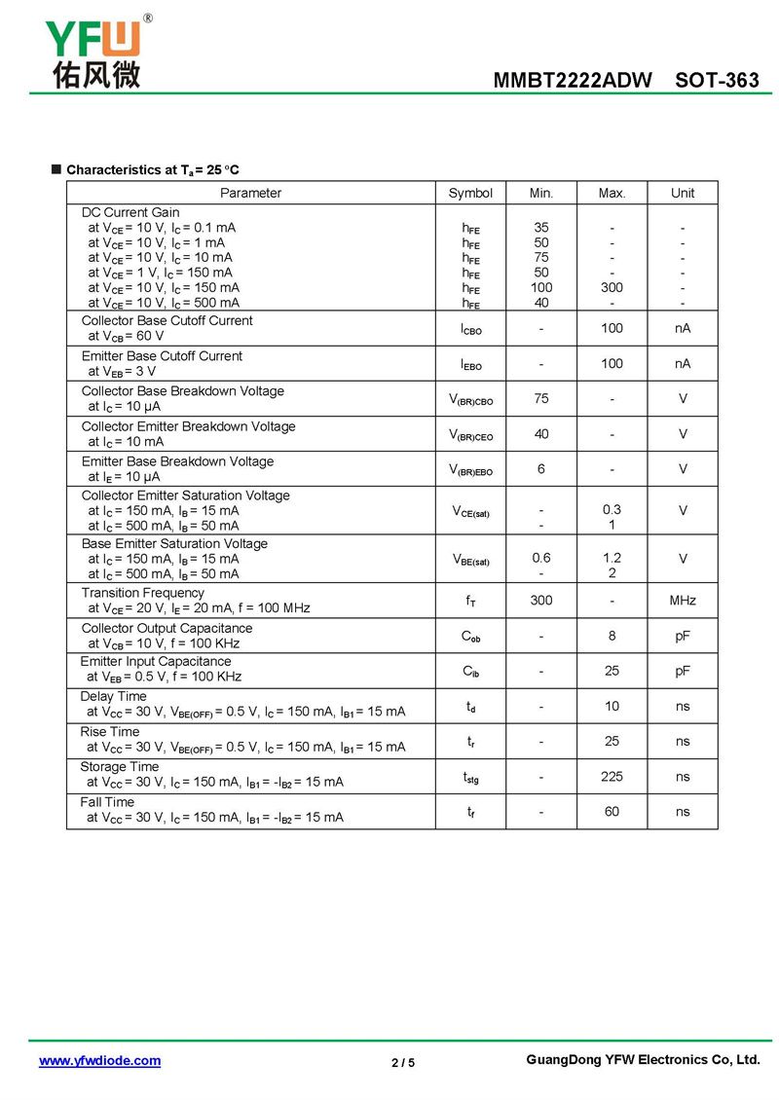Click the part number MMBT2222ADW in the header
573,81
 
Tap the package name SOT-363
717,81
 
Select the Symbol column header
470,193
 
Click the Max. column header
612,193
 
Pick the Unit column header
683,193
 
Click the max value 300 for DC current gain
612,287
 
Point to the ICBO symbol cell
470,330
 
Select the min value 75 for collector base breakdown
541,398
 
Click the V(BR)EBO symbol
470,470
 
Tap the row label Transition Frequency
143,593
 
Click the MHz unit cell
683,601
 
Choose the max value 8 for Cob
612,636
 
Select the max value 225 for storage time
612,776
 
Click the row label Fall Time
107,802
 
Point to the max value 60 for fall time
612,811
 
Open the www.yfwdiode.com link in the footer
99,1060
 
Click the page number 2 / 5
403,1062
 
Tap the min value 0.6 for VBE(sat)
541,558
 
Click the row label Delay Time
113,696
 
